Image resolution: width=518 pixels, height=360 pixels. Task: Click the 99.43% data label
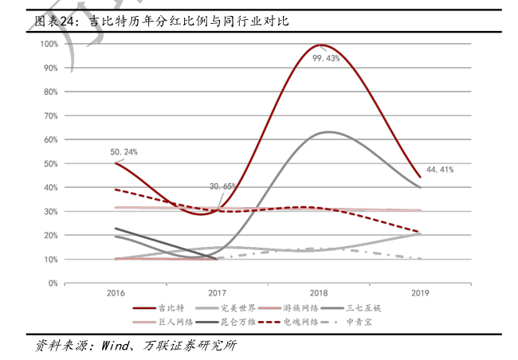[x=326, y=58]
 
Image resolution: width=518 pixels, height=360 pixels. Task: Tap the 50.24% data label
[x=124, y=151]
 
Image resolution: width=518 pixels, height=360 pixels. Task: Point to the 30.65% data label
[x=222, y=186]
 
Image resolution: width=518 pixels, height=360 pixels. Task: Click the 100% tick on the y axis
[x=48, y=44]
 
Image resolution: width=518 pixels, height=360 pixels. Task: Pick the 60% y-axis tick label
[x=50, y=139]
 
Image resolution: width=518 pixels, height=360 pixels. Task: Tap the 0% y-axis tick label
[x=52, y=283]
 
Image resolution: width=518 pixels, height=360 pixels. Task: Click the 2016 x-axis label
[x=116, y=294]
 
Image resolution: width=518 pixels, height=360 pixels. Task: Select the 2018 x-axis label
[x=320, y=294]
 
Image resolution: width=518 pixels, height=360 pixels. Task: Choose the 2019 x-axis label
[x=421, y=294]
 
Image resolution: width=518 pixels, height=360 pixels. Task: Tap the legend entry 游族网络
[x=308, y=307]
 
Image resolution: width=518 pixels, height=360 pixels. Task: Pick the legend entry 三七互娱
[x=376, y=307]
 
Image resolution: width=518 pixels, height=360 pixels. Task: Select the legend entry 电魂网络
[x=308, y=322]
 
